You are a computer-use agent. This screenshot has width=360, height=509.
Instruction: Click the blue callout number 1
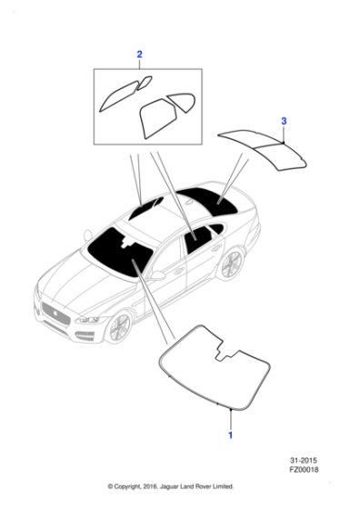point(230,435)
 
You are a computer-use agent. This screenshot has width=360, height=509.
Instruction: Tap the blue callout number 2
point(139,55)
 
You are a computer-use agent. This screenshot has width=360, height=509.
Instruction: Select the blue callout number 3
point(284,121)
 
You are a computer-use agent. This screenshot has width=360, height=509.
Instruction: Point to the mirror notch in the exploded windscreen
point(223,349)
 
